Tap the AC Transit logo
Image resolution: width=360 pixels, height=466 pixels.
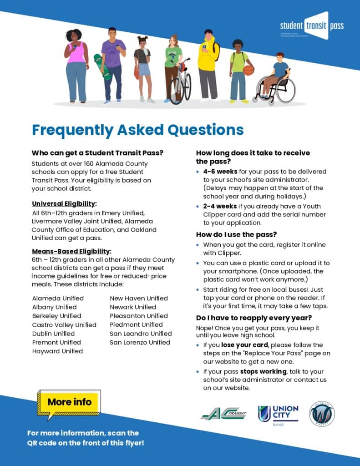coord(223,414)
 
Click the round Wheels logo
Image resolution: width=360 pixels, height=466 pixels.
coord(322,414)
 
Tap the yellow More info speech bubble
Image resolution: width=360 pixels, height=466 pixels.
coord(70,402)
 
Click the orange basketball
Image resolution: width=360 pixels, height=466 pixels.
coord(248,70)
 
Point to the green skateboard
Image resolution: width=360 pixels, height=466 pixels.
coord(102,66)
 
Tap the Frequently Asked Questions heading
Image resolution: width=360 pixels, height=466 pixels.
coord(137,130)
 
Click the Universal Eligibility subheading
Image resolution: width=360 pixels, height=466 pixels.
coord(64,203)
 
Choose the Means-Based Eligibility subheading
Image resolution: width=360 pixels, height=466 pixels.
coord(71,251)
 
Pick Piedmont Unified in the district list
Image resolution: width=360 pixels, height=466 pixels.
coord(136,324)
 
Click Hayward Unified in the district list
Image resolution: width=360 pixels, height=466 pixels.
coord(57,351)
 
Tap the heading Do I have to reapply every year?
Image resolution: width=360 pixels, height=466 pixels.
coord(254,318)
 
